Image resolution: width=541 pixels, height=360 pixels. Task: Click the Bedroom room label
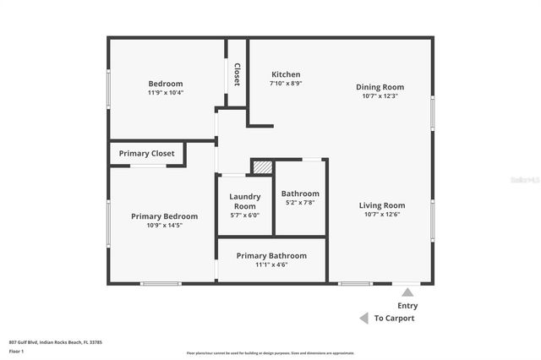pyautogui.click(x=166, y=84)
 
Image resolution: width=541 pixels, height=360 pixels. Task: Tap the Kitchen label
pyautogui.click(x=285, y=74)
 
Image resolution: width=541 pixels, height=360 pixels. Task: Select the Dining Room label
pyautogui.click(x=380, y=87)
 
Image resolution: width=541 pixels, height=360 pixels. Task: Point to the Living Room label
pyautogui.click(x=382, y=205)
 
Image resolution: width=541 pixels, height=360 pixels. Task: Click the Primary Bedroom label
pyautogui.click(x=164, y=216)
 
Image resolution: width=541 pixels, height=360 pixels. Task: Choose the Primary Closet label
pyautogui.click(x=146, y=154)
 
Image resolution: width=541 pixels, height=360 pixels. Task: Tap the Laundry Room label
pyautogui.click(x=244, y=201)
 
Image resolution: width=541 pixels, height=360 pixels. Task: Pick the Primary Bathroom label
pyautogui.click(x=271, y=255)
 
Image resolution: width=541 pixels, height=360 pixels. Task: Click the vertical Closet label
pyautogui.click(x=237, y=74)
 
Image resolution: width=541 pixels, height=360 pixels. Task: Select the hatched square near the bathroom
pyautogui.click(x=264, y=167)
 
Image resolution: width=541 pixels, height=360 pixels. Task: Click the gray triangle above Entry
pyautogui.click(x=407, y=292)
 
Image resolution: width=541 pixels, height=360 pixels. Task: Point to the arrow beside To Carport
pyautogui.click(x=363, y=319)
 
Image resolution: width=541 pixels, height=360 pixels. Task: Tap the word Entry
pyautogui.click(x=407, y=306)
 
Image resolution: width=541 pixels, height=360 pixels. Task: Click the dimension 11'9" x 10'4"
pyautogui.click(x=166, y=93)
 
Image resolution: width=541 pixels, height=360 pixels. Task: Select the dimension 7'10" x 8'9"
pyautogui.click(x=286, y=84)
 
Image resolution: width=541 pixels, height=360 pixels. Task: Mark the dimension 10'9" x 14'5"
pyautogui.click(x=164, y=226)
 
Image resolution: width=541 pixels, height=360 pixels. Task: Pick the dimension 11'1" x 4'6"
pyautogui.click(x=271, y=265)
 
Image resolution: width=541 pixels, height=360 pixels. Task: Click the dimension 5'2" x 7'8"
pyautogui.click(x=300, y=203)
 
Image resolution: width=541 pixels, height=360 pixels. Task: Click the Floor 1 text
pyautogui.click(x=16, y=351)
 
